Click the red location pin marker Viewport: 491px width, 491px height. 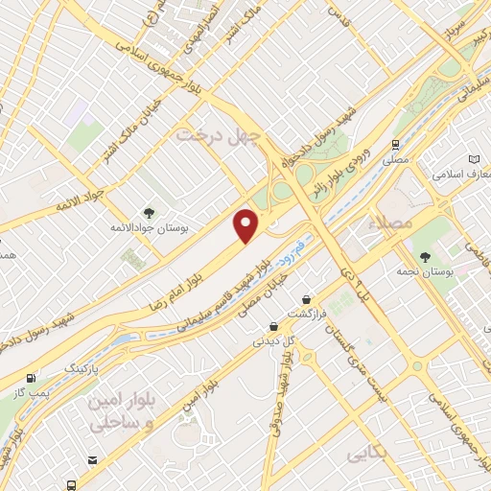pos(247,225)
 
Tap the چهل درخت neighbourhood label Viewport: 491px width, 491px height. pos(219,136)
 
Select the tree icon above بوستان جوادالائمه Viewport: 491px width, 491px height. pos(148,212)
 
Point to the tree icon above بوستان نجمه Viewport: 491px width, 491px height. pos(426,255)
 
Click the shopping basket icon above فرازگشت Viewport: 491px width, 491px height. pos(306,299)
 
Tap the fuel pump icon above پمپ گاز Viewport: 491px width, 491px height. pos(34,379)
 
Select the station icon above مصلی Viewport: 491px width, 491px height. pos(395,144)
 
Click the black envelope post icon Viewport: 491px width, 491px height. pos(92,461)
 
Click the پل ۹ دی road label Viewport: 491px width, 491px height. pos(354,271)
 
